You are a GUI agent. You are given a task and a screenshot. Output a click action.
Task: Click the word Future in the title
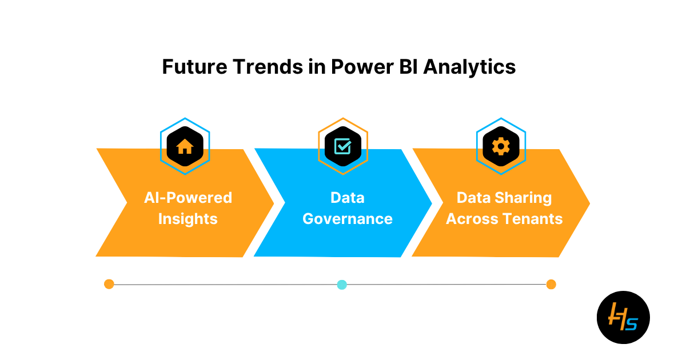pyautogui.click(x=195, y=67)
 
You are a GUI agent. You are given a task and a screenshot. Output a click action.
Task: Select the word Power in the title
pyautogui.click(x=362, y=67)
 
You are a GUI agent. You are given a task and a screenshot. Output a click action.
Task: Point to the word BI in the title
pyautogui.click(x=409, y=67)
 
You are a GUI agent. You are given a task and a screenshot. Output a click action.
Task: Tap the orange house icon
pyautogui.click(x=185, y=146)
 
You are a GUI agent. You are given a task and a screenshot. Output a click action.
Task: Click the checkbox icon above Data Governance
pyautogui.click(x=343, y=146)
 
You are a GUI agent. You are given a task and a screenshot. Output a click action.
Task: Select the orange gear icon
pyautogui.click(x=501, y=146)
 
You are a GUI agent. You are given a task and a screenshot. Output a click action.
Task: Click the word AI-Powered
pyautogui.click(x=188, y=198)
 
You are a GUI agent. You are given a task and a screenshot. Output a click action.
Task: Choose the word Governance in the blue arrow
pyautogui.click(x=348, y=219)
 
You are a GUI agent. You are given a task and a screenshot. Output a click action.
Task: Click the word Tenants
pyautogui.click(x=533, y=219)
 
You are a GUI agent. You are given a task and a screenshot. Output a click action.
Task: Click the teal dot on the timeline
pyautogui.click(x=342, y=285)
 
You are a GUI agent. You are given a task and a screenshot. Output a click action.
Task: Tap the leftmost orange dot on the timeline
pyautogui.click(x=109, y=284)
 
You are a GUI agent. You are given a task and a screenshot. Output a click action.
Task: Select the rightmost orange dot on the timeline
pyautogui.click(x=551, y=285)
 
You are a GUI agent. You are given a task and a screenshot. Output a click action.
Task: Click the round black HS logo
pyautogui.click(x=624, y=318)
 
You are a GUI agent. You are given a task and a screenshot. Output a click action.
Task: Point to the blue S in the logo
pyautogui.click(x=632, y=324)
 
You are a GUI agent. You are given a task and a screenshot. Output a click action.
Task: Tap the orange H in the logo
pyautogui.click(x=616, y=317)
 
